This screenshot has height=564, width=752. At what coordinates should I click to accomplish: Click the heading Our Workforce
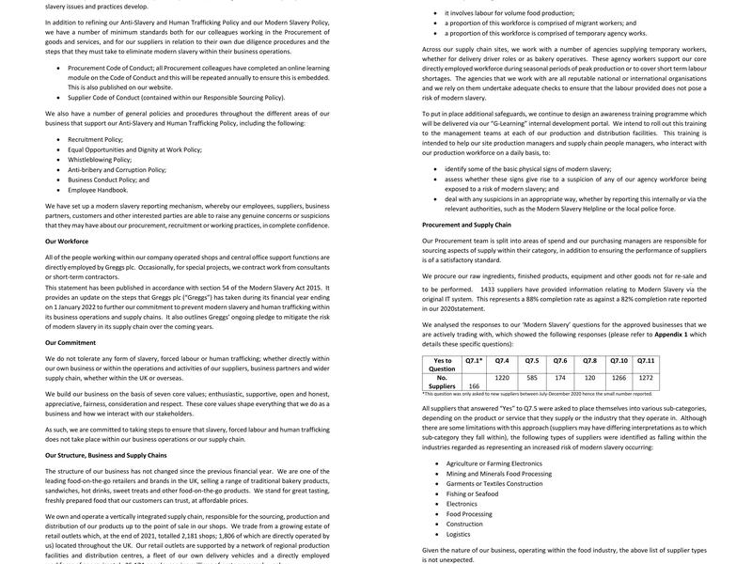[x=67, y=242]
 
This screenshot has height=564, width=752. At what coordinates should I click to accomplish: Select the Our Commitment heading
[x=70, y=343]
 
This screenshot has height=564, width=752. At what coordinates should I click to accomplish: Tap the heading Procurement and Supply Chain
[x=466, y=226]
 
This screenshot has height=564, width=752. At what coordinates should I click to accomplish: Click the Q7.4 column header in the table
[x=501, y=360]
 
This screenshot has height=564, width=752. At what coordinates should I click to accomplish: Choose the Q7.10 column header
[x=619, y=360]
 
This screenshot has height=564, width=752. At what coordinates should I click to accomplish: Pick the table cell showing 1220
[x=501, y=377]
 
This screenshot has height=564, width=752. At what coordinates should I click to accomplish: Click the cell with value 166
[x=474, y=385]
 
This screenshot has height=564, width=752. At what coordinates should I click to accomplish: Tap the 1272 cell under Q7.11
[x=646, y=377]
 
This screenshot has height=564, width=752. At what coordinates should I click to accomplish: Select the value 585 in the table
[x=532, y=377]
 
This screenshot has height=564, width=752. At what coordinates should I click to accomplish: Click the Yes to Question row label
[x=442, y=365]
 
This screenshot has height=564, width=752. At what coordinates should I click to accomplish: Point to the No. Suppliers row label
[x=442, y=381]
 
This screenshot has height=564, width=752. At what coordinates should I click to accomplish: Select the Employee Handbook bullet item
[x=98, y=189]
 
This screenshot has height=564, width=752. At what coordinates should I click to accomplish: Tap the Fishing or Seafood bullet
[x=473, y=493]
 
